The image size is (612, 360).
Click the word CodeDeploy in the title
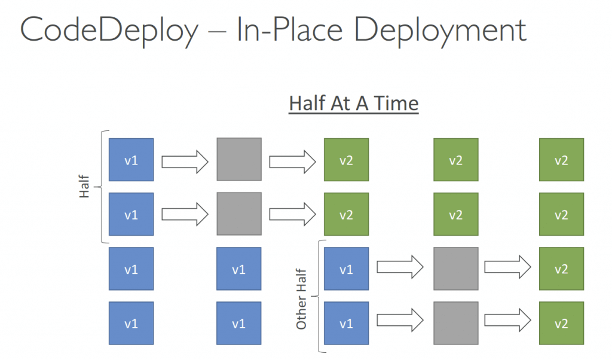109,30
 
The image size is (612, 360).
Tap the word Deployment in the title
440,30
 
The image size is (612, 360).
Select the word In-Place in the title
290,29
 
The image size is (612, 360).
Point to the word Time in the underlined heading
396,103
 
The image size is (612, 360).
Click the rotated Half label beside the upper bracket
84,187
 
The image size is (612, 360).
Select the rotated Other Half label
301,299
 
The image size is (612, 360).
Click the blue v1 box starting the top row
131,160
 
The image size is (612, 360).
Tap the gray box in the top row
239,159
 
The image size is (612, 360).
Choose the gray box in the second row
239,213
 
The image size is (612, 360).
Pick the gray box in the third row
456,269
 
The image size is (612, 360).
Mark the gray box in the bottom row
456,323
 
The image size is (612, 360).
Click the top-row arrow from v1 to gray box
185,161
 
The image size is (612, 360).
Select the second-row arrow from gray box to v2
292,214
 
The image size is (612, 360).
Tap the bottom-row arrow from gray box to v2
508,320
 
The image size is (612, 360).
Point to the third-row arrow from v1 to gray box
400,267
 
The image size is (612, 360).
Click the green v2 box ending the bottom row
562,323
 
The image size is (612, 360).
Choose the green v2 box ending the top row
562,160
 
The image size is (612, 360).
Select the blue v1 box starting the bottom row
131,323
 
